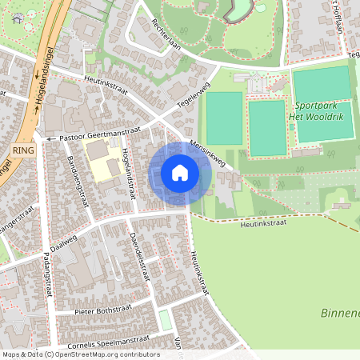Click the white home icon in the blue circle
(x=180, y=172)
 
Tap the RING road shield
(x=22, y=150)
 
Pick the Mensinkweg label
(x=207, y=154)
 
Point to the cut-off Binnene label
(x=340, y=312)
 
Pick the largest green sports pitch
(x=322, y=84)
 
